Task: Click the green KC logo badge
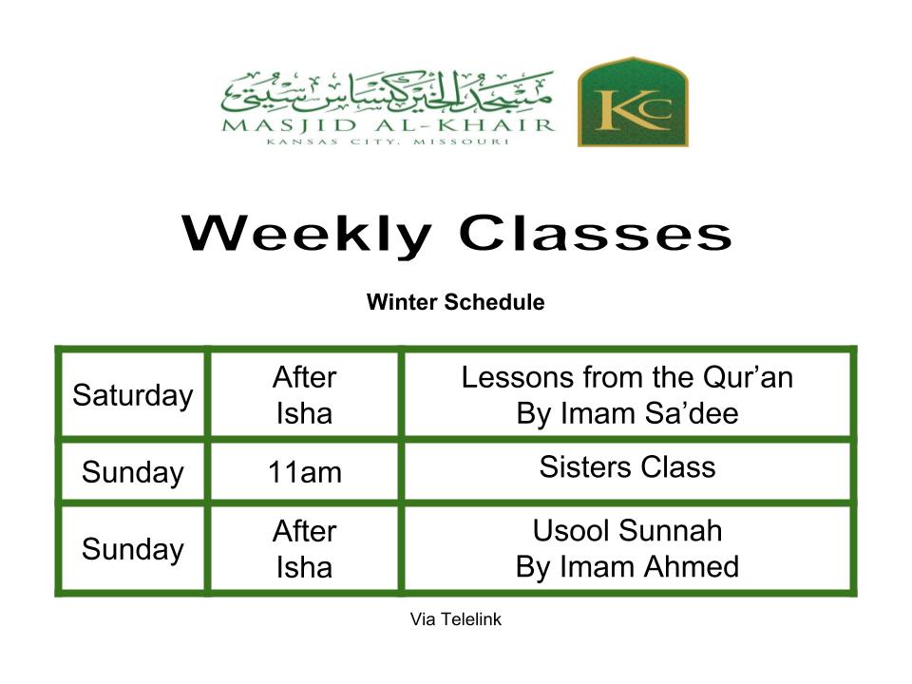pos(633,102)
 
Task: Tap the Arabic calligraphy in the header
pos(387,93)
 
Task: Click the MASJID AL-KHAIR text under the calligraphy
pos(388,125)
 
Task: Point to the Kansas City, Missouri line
pos(388,142)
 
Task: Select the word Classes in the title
pos(595,233)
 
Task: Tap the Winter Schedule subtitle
pos(455,302)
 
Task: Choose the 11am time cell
pos(304,472)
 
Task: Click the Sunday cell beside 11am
pos(133,472)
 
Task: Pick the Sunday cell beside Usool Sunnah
pos(133,549)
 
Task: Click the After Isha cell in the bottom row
pos(304,549)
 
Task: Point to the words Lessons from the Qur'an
pos(627,377)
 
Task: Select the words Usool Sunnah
pos(627,530)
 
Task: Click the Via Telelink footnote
pos(455,619)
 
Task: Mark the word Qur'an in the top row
pos(748,377)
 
